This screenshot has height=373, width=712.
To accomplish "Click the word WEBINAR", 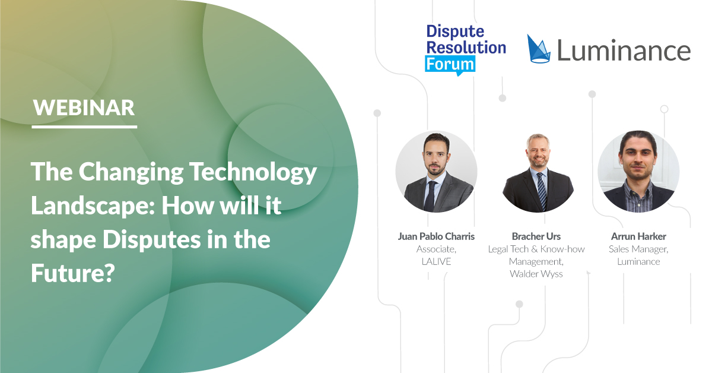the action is click(84, 108).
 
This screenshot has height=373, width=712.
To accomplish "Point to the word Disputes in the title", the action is click(151, 239).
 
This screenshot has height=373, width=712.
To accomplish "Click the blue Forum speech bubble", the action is click(450, 65).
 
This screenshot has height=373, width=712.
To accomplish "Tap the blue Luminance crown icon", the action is click(539, 49).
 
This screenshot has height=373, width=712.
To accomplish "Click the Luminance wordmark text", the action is click(624, 50).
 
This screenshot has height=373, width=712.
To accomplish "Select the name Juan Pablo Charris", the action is click(436, 236).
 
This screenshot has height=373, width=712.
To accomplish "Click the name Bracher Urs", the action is click(536, 236).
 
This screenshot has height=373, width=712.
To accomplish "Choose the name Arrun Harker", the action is click(638, 236).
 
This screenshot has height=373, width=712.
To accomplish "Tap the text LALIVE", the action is click(437, 261).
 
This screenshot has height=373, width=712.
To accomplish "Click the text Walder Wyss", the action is click(536, 274).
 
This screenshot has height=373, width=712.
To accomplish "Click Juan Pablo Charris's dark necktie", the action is click(430, 197).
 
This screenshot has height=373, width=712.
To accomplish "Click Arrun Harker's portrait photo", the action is click(638, 172).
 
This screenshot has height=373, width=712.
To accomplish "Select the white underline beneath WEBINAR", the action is click(84, 127).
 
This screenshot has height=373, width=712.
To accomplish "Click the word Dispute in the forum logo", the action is click(455, 32).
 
